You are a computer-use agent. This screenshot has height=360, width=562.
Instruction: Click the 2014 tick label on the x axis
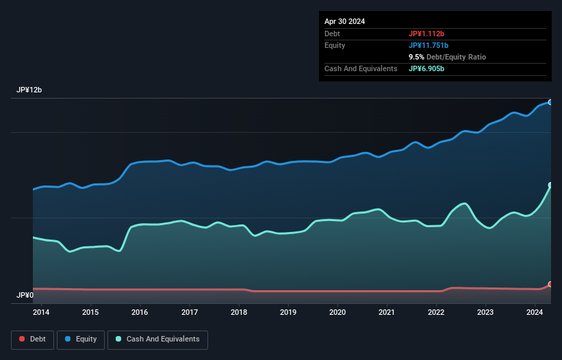pyautogui.click(x=41, y=312)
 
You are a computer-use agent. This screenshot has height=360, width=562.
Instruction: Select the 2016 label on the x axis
pyautogui.click(x=140, y=312)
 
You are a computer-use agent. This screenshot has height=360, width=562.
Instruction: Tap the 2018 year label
pyautogui.click(x=239, y=312)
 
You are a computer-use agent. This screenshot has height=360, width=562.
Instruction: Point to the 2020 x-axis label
pyautogui.click(x=337, y=312)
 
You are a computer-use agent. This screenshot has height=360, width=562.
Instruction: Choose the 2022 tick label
pyautogui.click(x=436, y=312)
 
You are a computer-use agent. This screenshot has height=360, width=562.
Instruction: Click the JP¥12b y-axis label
pyautogui.click(x=30, y=90)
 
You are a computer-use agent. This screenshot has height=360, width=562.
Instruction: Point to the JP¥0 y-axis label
pyautogui.click(x=25, y=296)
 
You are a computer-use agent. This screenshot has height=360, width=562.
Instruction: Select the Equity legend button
pyautogui.click(x=81, y=339)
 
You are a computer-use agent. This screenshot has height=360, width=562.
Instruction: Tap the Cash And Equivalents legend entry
pyautogui.click(x=157, y=339)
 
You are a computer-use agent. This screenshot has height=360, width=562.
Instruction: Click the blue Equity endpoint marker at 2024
pyautogui.click(x=550, y=102)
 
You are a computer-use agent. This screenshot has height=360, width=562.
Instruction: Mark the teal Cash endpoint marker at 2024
pyautogui.click(x=550, y=185)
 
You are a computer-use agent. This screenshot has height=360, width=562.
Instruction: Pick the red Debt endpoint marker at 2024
pyautogui.click(x=550, y=284)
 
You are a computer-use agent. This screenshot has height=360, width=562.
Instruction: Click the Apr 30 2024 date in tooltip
pyautogui.click(x=344, y=21)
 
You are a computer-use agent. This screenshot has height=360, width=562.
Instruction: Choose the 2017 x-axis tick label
pyautogui.click(x=190, y=312)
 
